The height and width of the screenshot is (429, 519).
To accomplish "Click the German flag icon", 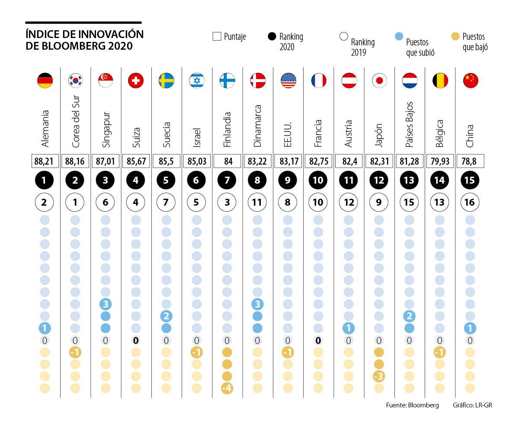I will [45, 81].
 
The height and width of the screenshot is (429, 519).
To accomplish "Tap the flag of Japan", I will [379, 81].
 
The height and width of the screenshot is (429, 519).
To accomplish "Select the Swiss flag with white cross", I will [136, 81].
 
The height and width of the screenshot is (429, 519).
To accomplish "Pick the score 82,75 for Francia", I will [318, 162].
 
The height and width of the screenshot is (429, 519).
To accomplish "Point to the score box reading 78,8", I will [470, 162].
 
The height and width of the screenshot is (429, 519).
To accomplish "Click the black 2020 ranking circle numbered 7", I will [227, 180].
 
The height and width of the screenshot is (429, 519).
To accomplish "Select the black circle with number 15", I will [470, 180].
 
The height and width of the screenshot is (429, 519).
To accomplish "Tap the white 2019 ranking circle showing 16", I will [470, 202].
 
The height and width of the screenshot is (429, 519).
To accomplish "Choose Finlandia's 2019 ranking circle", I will [227, 202].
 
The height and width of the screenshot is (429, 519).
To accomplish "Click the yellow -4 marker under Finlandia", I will [227, 388].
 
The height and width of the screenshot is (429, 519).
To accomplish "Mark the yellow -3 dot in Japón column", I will [379, 376].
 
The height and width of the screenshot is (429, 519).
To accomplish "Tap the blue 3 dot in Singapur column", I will [106, 304].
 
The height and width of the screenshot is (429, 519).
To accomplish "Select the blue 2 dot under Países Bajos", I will [409, 316].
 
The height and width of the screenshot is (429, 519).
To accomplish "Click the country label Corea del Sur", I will [75, 122].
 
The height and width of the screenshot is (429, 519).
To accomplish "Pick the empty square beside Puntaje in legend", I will [217, 37].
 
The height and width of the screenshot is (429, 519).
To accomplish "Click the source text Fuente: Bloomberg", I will [412, 405].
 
